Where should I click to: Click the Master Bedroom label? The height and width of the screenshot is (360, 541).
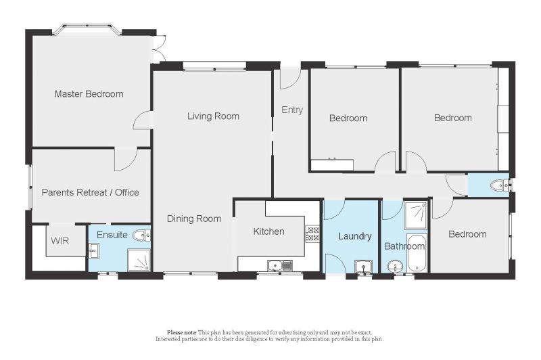[x=89, y=94]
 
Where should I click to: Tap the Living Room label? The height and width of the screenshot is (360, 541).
[x=213, y=116]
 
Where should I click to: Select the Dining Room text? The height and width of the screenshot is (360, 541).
[x=194, y=219]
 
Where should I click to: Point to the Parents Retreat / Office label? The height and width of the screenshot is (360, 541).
[x=91, y=192]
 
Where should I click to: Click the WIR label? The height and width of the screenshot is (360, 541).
[x=60, y=241]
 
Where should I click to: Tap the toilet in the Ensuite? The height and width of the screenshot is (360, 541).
[x=141, y=235]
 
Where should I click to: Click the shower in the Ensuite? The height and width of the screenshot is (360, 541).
[x=139, y=260]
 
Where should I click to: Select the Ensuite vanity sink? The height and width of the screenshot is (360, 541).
[x=93, y=250]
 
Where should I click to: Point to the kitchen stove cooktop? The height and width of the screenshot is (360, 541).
[x=312, y=233]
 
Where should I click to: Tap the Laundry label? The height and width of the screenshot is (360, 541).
[x=354, y=236]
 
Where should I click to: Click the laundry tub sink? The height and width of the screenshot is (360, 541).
[x=363, y=267]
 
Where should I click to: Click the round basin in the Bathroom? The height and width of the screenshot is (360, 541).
[x=394, y=267]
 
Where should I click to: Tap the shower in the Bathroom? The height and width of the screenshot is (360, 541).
[x=416, y=215]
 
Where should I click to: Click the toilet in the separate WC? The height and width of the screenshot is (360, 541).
[x=499, y=185]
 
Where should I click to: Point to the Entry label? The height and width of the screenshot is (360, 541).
[x=292, y=110]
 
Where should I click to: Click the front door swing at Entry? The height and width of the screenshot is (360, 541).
[x=290, y=79]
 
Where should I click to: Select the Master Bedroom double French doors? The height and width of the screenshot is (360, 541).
[x=160, y=48]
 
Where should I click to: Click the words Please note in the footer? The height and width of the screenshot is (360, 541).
[x=182, y=333]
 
